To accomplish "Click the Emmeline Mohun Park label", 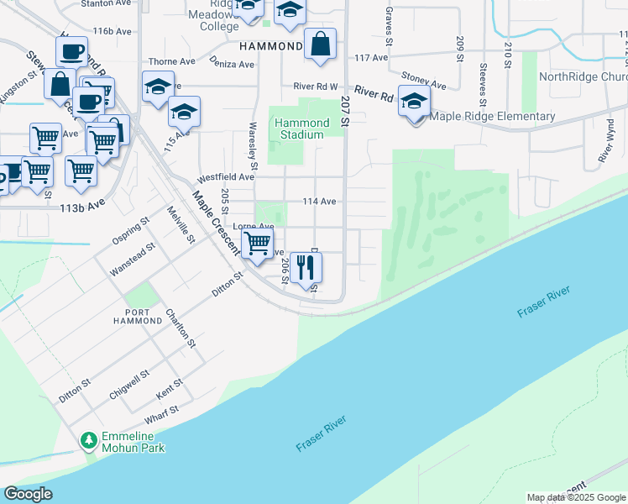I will tap(133, 442).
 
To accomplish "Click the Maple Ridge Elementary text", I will tap(492, 117).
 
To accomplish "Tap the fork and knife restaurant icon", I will tap(306, 267).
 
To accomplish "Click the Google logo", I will tap(28, 494).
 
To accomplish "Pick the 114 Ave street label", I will tap(320, 202).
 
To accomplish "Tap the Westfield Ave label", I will tap(225, 177).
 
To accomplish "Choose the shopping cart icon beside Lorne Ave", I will tap(257, 244).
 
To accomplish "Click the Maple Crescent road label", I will tap(216, 228).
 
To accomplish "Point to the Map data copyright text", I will tap(576, 497).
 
